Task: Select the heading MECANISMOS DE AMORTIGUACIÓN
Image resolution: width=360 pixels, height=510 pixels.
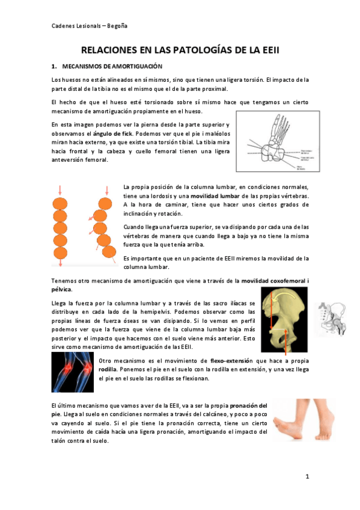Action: [108, 66]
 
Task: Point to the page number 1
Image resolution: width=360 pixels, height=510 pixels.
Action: [307, 477]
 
